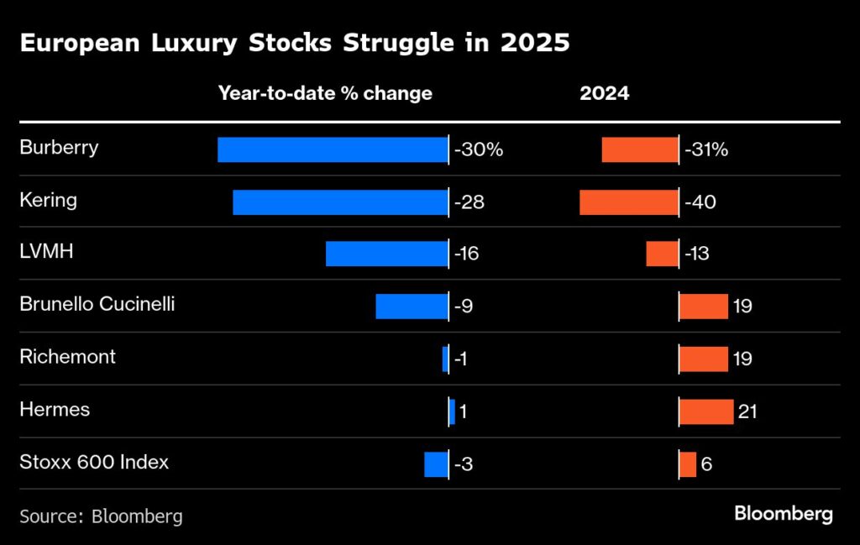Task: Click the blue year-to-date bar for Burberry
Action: tap(333, 149)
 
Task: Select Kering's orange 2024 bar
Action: tap(629, 202)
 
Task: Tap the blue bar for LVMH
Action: tap(386, 254)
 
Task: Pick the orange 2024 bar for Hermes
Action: tap(706, 411)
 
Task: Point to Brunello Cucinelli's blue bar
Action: tap(412, 307)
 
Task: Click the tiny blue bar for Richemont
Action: tap(445, 359)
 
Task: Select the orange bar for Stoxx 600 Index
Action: tap(688, 464)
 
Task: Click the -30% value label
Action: tap(479, 150)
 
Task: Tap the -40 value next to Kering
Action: tap(700, 202)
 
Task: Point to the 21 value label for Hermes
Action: tap(748, 411)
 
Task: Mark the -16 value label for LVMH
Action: tap(467, 254)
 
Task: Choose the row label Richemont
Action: tap(67, 357)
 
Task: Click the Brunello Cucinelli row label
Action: tap(97, 304)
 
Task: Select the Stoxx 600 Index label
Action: tap(93, 462)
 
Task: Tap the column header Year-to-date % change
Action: tap(325, 93)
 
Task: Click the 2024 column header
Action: tap(604, 93)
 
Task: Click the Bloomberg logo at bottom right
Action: tap(784, 513)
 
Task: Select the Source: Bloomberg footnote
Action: tap(101, 516)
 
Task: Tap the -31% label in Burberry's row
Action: tap(706, 150)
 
